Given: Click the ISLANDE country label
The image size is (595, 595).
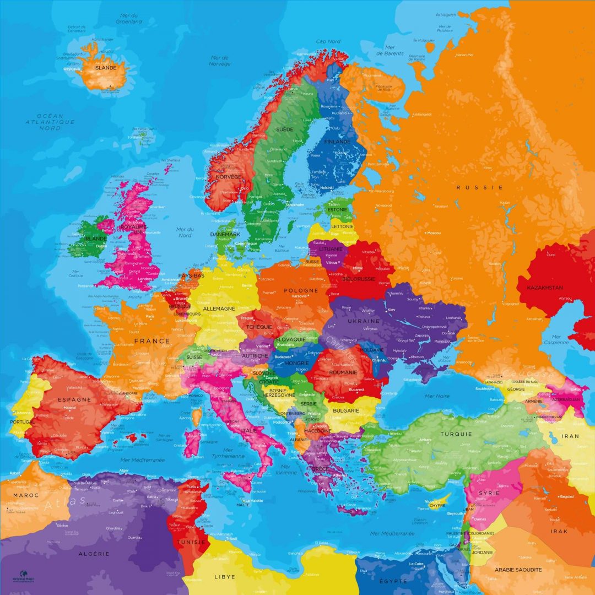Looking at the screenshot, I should click(105, 68).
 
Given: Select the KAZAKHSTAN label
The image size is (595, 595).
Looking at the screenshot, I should click(545, 288).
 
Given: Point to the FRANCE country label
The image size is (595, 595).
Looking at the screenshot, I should click(152, 341).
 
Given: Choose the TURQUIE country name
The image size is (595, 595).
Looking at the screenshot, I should click(456, 434).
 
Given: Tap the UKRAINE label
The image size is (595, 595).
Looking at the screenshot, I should click(364, 321).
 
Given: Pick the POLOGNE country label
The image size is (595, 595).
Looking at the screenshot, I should click(301, 290).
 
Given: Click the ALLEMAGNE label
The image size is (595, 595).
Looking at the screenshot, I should click(219, 309).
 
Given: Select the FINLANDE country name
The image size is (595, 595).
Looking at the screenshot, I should click(337, 142).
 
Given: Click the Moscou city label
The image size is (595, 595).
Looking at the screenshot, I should click(434, 233).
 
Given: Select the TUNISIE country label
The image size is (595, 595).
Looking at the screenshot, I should click(191, 542).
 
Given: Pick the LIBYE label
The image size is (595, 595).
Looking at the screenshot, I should click(225, 577).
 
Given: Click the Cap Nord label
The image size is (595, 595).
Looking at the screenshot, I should click(328, 41).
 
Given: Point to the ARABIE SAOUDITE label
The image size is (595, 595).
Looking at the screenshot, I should click(518, 570).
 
